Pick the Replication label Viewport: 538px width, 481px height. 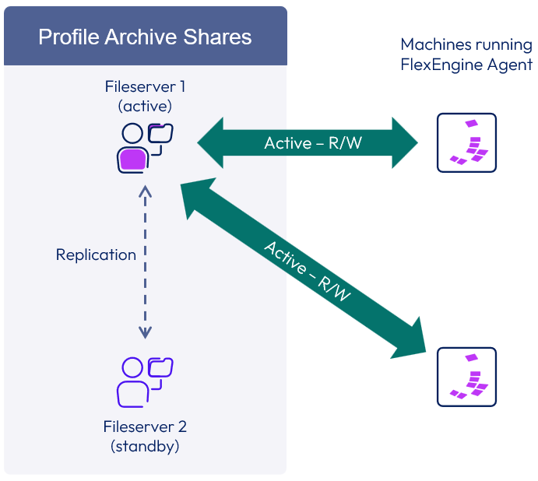pos(96,255)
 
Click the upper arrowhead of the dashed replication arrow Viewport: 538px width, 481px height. pos(145,191)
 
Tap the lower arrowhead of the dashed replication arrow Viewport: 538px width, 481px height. pos(145,332)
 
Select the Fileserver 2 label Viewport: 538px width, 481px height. pos(145,427)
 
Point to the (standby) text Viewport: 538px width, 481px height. pos(145,446)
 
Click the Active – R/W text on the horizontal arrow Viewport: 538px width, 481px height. pos(307,142)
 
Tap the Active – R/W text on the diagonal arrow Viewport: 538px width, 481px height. pos(307,271)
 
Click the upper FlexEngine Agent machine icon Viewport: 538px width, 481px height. pos(466,142)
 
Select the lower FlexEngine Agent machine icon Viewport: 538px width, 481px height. pos(466,377)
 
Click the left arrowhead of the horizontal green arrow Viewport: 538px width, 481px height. pos(209,142)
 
